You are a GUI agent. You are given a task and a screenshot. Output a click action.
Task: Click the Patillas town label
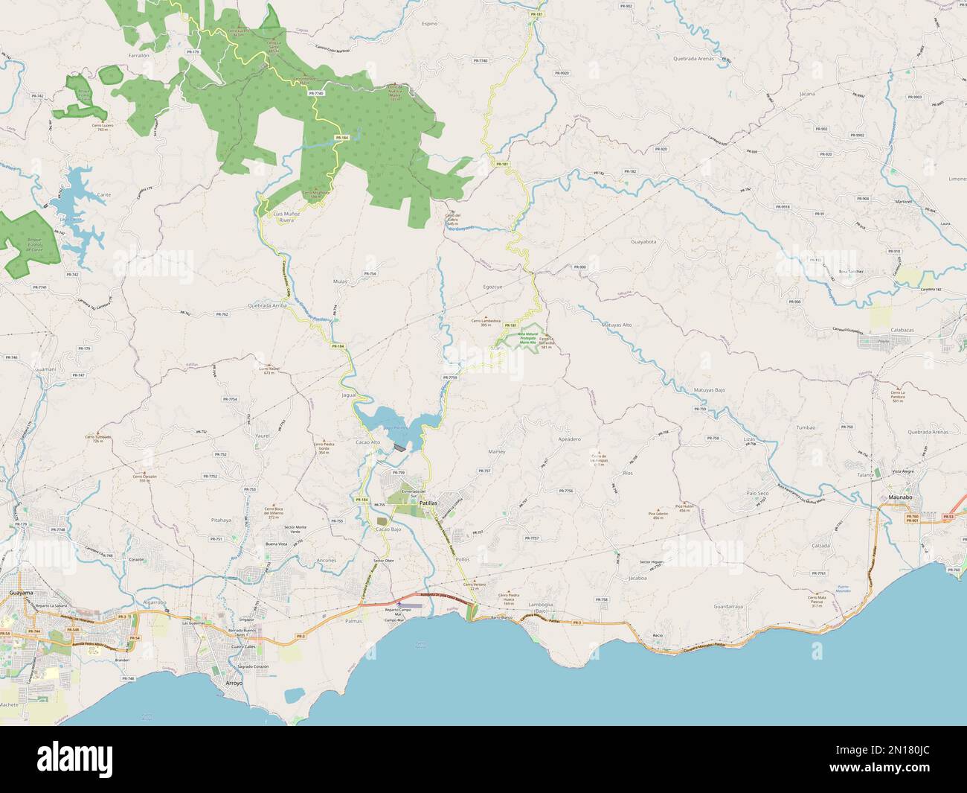click(x=428, y=504)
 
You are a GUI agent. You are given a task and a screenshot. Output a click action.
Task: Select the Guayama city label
click(x=19, y=593)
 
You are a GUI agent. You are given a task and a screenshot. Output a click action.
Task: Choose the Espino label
click(x=429, y=23)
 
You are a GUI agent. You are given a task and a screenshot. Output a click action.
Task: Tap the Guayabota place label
click(x=643, y=242)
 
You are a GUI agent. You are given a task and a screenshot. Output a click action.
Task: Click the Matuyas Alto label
click(x=617, y=325)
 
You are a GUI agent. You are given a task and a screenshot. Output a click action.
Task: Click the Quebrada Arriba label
click(x=267, y=306)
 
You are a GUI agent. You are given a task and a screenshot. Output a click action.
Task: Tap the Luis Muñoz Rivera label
click(x=286, y=217)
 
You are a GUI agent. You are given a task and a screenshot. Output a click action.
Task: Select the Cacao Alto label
click(x=368, y=442)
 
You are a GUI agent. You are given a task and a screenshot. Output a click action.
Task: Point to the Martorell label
click(x=904, y=200)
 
